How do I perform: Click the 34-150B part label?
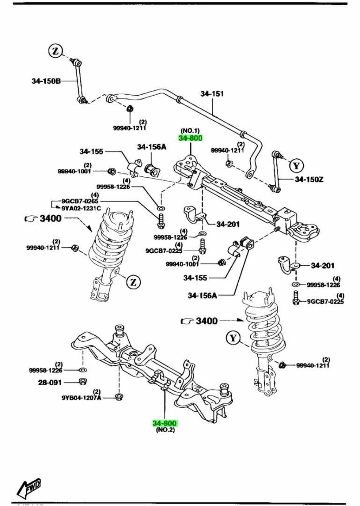tap(46, 81)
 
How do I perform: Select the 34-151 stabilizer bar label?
tap(212, 94)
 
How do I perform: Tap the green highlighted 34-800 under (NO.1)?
tap(191, 138)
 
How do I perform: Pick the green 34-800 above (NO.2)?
tap(165, 423)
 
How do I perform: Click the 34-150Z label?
tap(309, 179)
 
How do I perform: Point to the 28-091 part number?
tap(50, 382)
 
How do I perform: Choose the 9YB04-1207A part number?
tap(82, 398)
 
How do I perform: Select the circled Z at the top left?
tap(55, 51)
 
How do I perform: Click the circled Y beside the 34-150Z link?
tap(297, 165)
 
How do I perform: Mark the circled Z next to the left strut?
tap(133, 282)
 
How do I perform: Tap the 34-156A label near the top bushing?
tap(152, 147)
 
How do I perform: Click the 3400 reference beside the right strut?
tap(207, 321)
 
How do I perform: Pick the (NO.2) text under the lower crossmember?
tap(165, 430)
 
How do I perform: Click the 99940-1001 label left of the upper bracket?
tap(74, 171)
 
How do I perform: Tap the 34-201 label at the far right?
tap(322, 265)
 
